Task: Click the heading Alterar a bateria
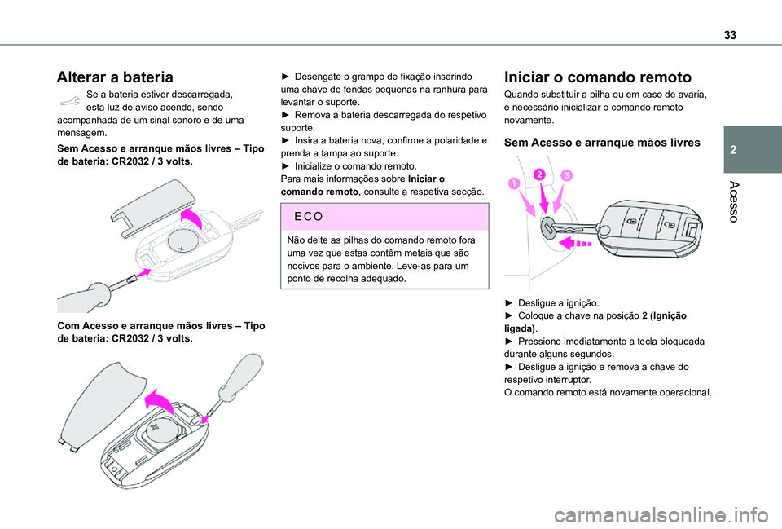coord(114,77)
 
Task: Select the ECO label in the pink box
coord(305,218)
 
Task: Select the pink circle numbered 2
coord(538,174)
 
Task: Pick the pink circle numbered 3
coord(565,177)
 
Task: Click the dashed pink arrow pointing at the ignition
coord(575,241)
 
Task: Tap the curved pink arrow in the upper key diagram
coord(193,217)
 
